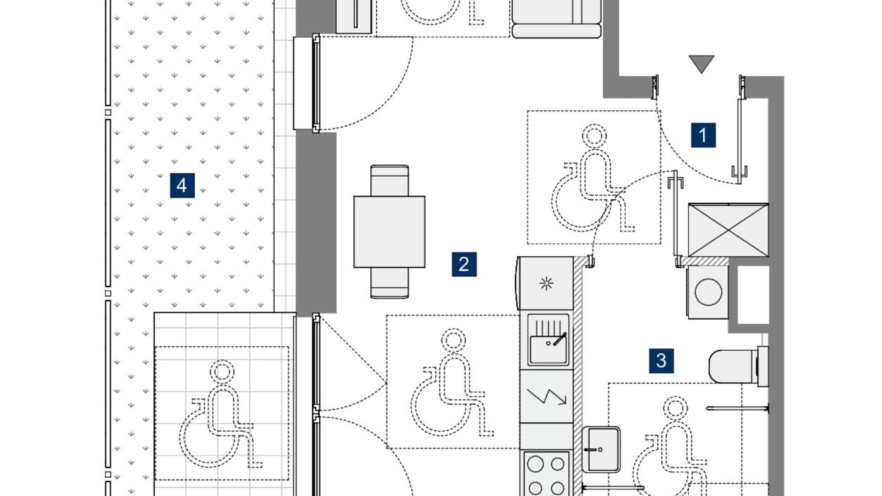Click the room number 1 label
tap(703, 135)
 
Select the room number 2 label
tap(464, 264)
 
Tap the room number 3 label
tap(661, 361)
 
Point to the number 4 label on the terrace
tap(182, 186)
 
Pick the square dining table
tap(390, 231)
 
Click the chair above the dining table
tap(390, 180)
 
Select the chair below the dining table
tap(390, 283)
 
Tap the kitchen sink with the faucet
tap(548, 340)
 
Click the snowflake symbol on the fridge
tap(546, 284)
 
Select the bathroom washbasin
tap(601, 450)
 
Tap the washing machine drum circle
tap(708, 292)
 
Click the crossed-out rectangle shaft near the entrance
tap(729, 230)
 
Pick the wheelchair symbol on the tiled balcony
tap(220, 413)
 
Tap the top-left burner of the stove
tap(536, 464)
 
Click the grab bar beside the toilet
tap(737, 408)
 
